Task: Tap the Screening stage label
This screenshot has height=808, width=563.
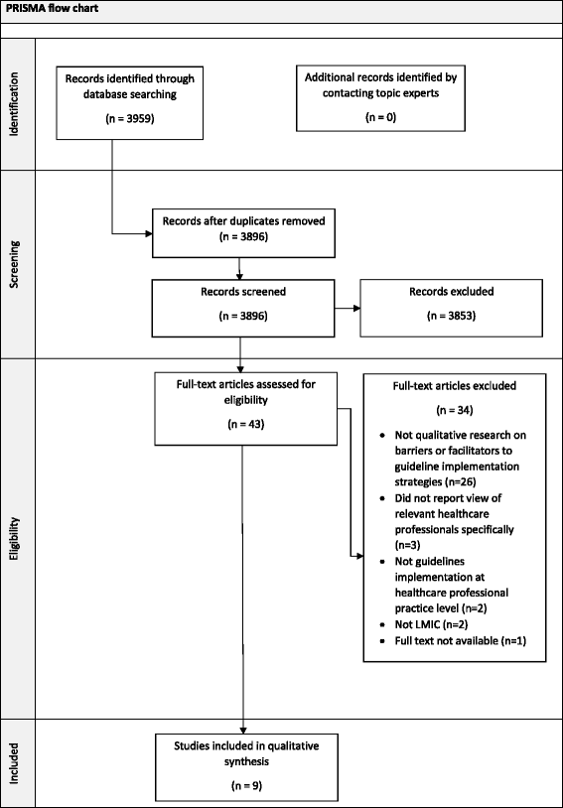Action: pyautogui.click(x=17, y=264)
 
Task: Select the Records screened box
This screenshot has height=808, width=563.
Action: pyautogui.click(x=238, y=304)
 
